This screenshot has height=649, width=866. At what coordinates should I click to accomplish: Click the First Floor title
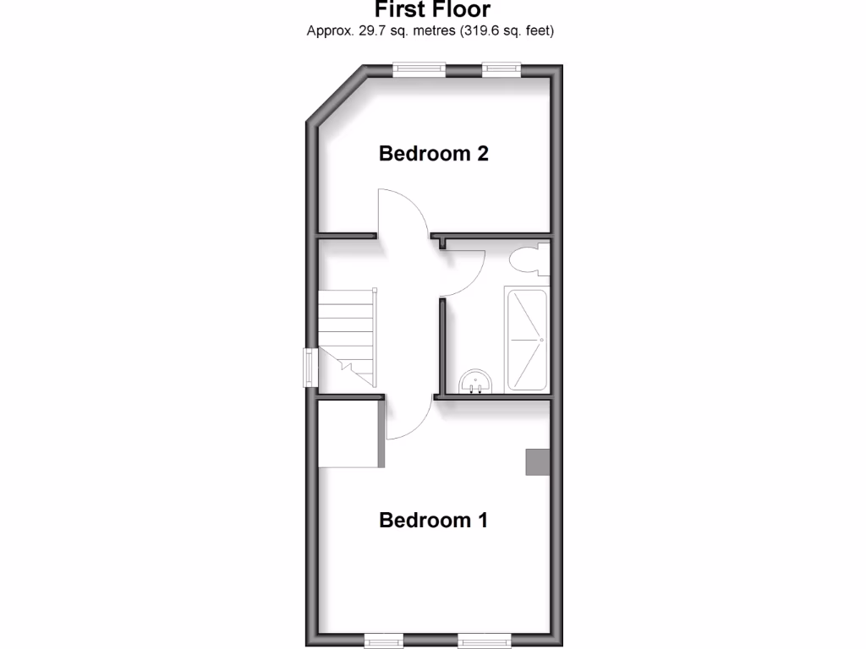coord(431,10)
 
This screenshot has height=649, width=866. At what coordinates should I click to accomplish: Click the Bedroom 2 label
coord(434,154)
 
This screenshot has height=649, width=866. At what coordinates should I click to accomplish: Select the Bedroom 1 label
coord(434,520)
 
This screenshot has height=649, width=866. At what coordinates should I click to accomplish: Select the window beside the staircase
coord(310,368)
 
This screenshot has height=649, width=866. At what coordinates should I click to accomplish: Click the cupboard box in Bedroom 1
coord(348,434)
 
